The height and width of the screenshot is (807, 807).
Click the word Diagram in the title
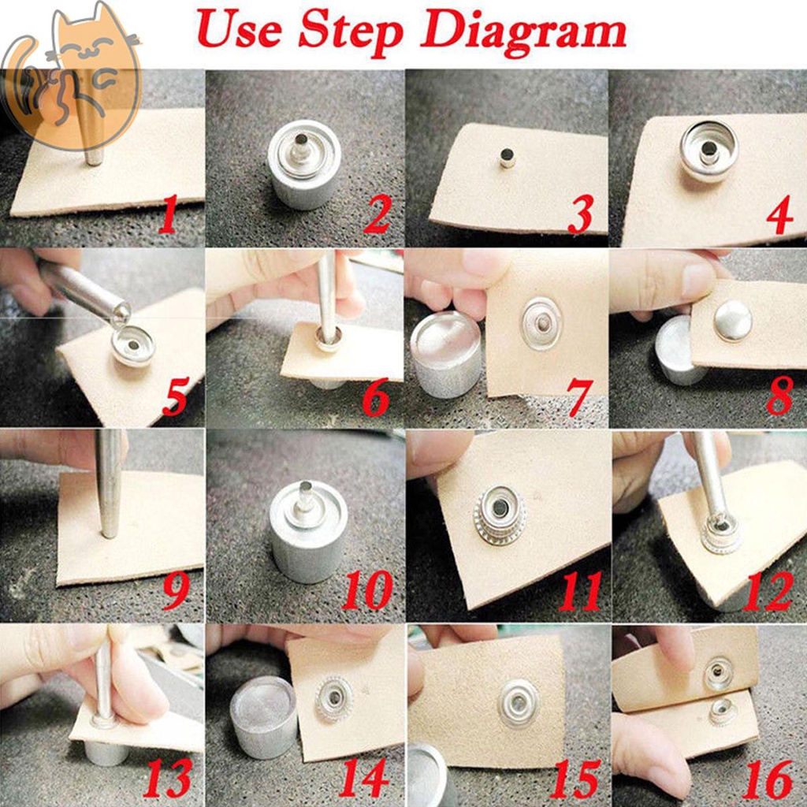pyautogui.click(x=523, y=32)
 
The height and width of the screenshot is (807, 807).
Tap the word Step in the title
pyautogui.click(x=351, y=32)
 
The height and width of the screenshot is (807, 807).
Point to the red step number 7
pyautogui.click(x=579, y=397)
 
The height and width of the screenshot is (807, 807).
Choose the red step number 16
pyautogui.click(x=768, y=779)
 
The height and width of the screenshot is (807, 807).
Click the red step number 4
pyautogui.click(x=779, y=214)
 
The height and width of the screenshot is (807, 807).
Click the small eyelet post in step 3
pyautogui.click(x=507, y=157)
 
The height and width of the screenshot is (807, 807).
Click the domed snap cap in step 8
pyautogui.click(x=733, y=320)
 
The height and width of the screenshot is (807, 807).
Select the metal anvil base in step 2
pyautogui.click(x=305, y=165)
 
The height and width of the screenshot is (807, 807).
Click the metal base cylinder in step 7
pyautogui.click(x=446, y=355)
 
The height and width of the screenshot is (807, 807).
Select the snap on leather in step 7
pyautogui.click(x=541, y=323)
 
